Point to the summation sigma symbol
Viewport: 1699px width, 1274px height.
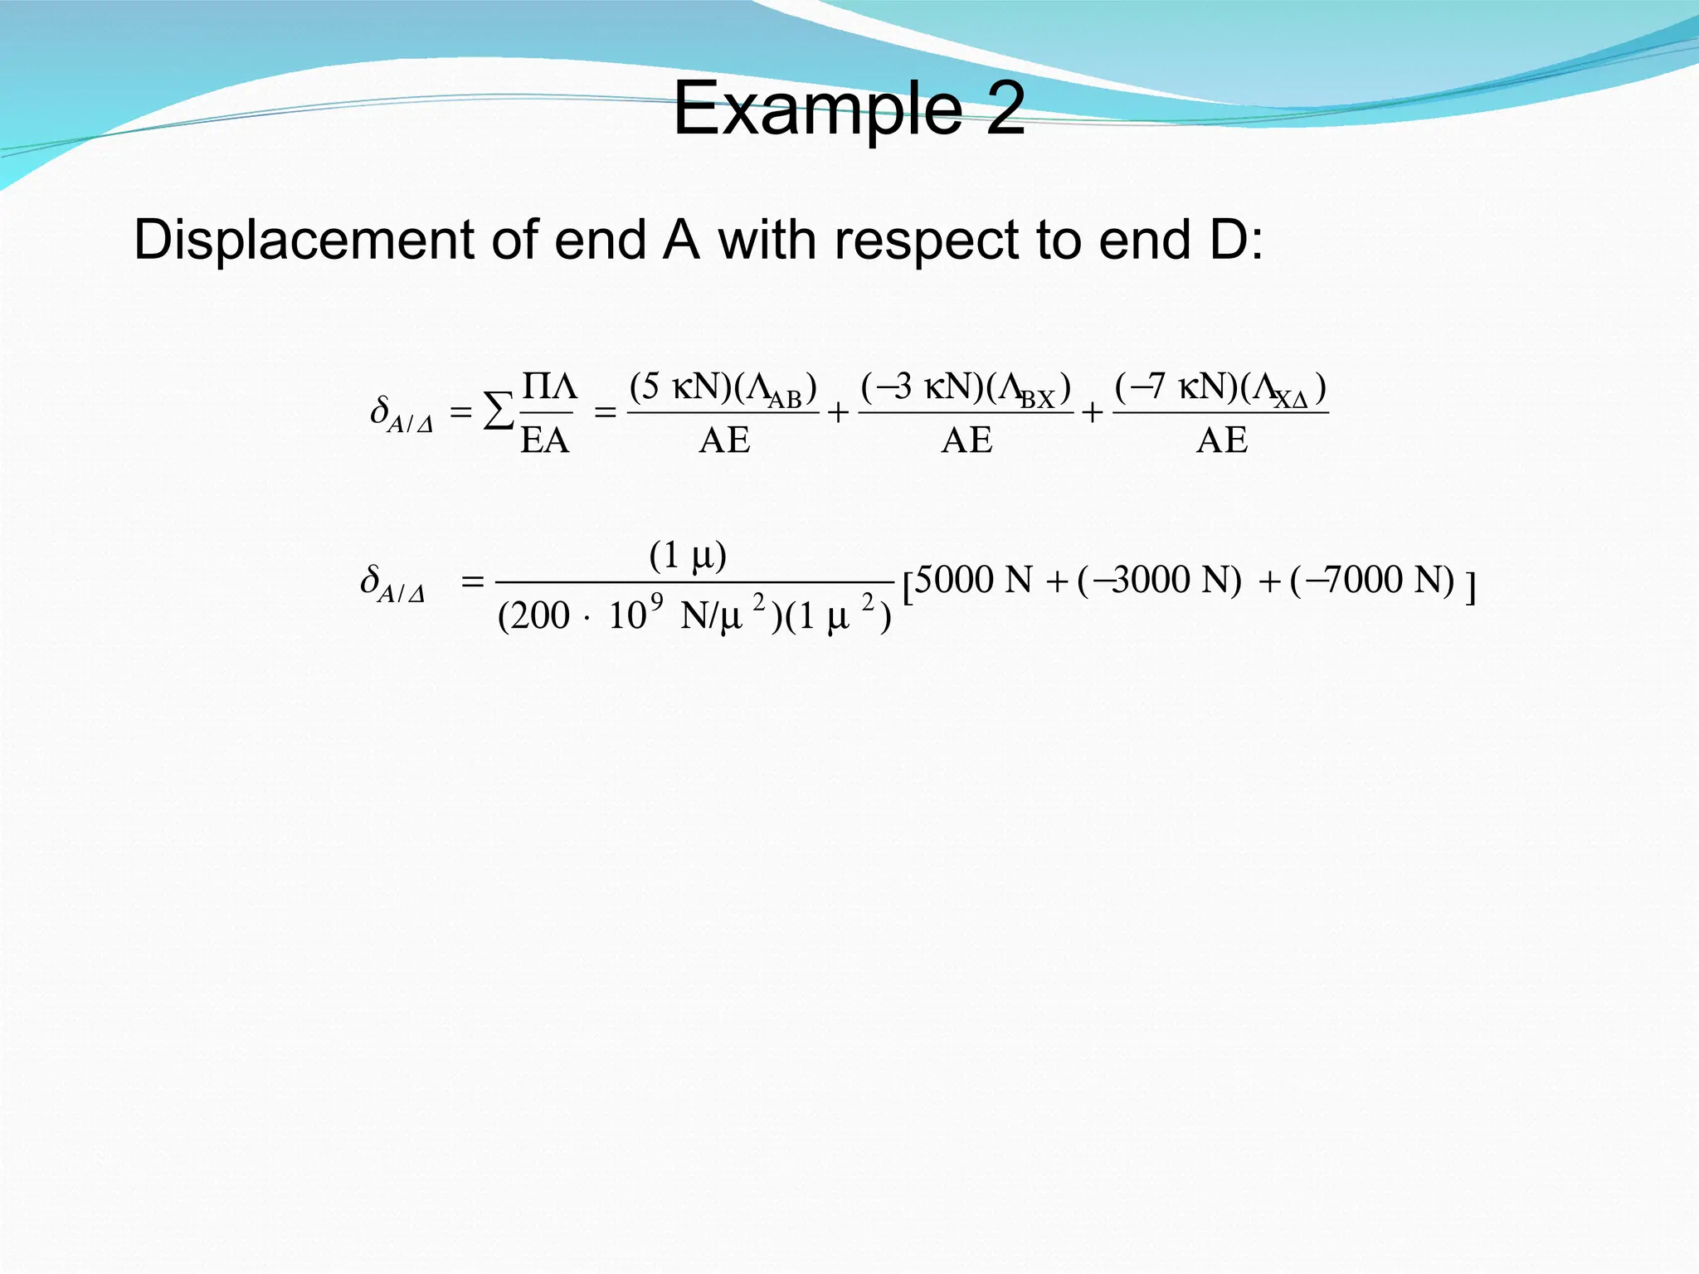pos(498,411)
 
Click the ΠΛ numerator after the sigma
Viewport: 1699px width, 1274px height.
pos(549,387)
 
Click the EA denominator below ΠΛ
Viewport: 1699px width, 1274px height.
pos(545,440)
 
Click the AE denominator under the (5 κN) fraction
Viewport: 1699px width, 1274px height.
pos(724,440)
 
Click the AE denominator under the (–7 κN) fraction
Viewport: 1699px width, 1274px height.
pos(1221,440)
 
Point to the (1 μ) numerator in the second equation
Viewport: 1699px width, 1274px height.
pos(688,555)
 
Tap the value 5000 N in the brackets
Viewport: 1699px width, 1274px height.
pos(973,580)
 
